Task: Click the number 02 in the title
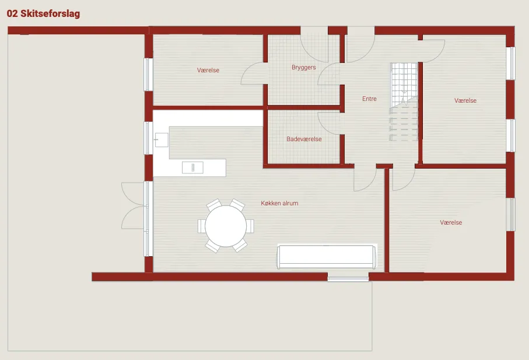click(x=12, y=13)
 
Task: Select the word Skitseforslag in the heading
click(x=50, y=14)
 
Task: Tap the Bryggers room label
click(x=304, y=68)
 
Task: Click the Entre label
click(x=369, y=99)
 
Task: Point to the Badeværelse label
click(x=304, y=139)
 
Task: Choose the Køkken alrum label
click(x=279, y=203)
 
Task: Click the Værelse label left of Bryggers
click(x=208, y=70)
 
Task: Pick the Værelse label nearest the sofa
click(x=451, y=222)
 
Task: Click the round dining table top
click(x=226, y=226)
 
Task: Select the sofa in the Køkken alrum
click(x=326, y=257)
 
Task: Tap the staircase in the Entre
click(x=404, y=102)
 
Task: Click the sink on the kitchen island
click(x=192, y=167)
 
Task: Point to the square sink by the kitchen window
click(x=162, y=140)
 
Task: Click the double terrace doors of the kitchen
click(x=134, y=206)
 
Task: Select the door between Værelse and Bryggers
click(x=254, y=73)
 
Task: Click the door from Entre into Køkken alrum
click(x=365, y=179)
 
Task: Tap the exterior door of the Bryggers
click(x=314, y=47)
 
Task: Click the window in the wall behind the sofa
click(x=348, y=279)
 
